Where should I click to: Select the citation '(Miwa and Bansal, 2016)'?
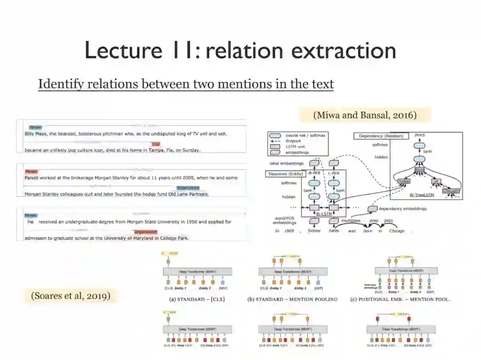click(365, 115)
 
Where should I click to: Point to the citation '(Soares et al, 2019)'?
click(70, 295)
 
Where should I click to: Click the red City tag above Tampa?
click(155, 144)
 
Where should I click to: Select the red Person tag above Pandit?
click(32, 171)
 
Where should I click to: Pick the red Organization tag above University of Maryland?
click(146, 232)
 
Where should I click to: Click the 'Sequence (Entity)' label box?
click(285, 174)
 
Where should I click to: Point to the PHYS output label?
click(420, 135)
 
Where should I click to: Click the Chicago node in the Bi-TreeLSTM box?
click(450, 191)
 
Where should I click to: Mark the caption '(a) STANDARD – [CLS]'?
click(195, 299)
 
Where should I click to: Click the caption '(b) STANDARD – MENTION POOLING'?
click(292, 299)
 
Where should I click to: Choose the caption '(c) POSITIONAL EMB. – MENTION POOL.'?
click(400, 299)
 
